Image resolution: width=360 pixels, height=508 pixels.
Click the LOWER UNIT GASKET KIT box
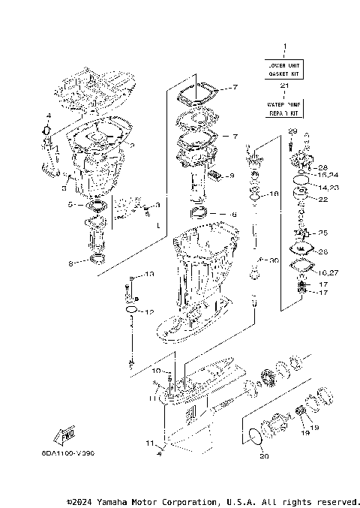pyautogui.click(x=284, y=71)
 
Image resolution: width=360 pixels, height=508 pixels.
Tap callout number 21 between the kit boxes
pyautogui.click(x=284, y=86)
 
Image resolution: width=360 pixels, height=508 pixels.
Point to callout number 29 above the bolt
pyautogui.click(x=292, y=131)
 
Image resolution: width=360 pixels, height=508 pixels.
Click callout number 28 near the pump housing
pyautogui.click(x=324, y=167)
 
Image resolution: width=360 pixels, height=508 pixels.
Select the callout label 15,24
pyautogui.click(x=328, y=175)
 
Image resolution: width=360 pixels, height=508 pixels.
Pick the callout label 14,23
pyautogui.click(x=328, y=186)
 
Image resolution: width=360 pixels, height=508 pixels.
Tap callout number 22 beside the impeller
pyautogui.click(x=323, y=200)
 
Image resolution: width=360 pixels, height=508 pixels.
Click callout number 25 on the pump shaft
pyautogui.click(x=323, y=233)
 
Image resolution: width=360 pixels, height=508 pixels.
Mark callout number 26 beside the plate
pyautogui.click(x=323, y=251)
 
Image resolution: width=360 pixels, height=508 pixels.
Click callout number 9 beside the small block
pyautogui.click(x=232, y=176)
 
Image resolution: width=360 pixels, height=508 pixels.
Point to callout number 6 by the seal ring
pyautogui.click(x=233, y=215)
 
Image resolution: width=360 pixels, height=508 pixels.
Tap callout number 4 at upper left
pyautogui.click(x=48, y=116)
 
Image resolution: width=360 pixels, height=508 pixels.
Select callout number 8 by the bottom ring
pyautogui.click(x=71, y=263)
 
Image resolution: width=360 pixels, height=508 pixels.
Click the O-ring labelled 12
pyautogui.click(x=131, y=310)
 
